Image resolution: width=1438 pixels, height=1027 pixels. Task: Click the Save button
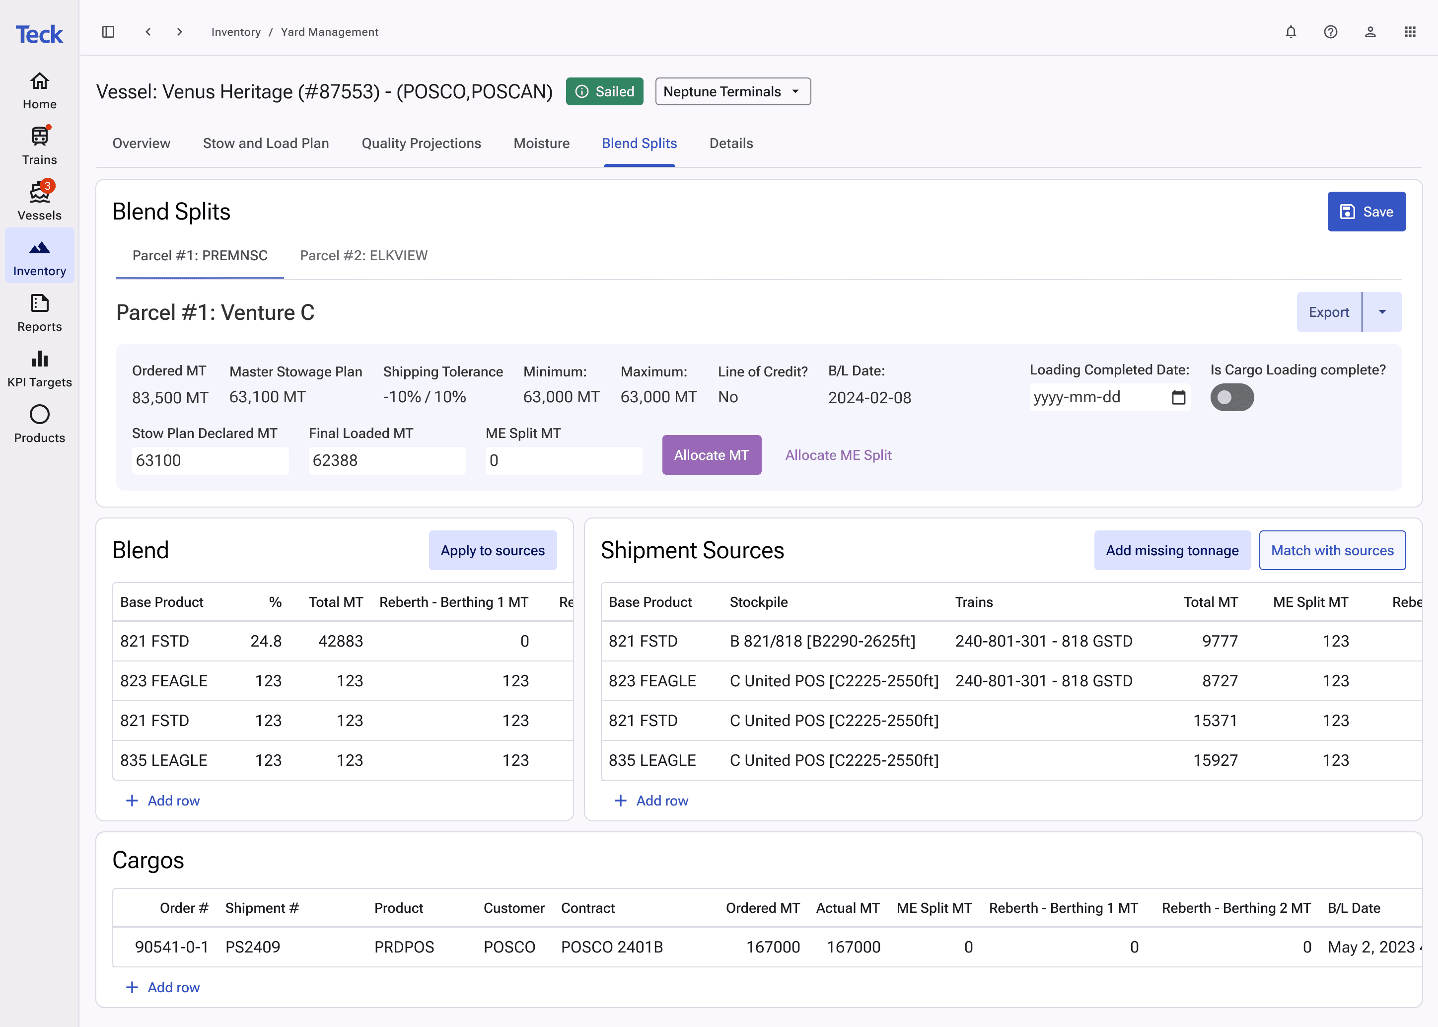coord(1366,212)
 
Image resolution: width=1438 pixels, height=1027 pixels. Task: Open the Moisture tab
coord(541,144)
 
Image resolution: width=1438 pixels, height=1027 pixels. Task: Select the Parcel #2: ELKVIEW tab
coord(363,255)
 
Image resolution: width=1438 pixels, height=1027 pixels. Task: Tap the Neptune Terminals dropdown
coord(733,92)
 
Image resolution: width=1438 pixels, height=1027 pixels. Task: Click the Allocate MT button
coord(712,455)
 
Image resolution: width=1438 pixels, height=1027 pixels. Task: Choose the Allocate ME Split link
coord(838,455)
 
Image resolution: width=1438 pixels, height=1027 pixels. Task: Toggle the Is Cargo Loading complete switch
coord(1232,397)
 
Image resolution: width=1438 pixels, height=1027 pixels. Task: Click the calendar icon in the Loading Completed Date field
coord(1178,397)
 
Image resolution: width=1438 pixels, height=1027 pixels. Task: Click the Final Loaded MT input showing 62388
coord(387,460)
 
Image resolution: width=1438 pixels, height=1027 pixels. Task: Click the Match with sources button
coord(1332,550)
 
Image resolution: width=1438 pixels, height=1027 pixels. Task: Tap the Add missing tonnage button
coord(1172,550)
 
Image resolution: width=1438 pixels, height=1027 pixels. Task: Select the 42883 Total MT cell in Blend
coord(340,641)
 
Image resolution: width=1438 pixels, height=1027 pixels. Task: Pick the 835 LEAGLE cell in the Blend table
coord(164,760)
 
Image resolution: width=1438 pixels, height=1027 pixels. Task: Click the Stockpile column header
coord(758,602)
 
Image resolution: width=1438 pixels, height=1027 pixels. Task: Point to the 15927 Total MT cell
coord(1215,760)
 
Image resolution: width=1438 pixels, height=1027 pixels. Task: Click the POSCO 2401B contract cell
coord(612,947)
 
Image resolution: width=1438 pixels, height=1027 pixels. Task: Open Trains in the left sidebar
coord(39,146)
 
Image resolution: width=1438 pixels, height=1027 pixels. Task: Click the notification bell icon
coord(1291,32)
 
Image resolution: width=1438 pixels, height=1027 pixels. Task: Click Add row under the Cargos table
coord(163,987)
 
